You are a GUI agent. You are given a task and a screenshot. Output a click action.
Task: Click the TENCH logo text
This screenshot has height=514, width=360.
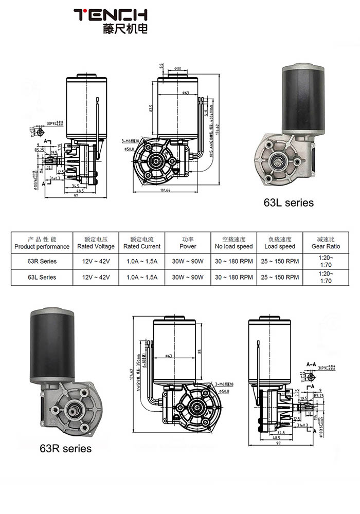110,14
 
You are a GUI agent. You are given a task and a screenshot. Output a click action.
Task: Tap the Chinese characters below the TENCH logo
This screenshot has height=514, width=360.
125,29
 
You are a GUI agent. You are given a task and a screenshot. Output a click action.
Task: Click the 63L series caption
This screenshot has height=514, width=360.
288,203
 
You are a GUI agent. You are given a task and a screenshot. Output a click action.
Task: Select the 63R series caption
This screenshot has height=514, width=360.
65,448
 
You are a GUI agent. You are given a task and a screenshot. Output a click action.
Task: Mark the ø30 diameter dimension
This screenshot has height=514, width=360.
177,68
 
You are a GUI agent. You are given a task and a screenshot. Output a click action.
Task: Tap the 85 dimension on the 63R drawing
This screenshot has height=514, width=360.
199,353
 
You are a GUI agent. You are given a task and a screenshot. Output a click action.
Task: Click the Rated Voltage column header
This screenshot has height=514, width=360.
96,243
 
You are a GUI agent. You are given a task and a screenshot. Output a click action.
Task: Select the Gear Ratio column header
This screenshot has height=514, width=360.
326,243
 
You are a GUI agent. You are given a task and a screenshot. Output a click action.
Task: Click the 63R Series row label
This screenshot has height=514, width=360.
42,261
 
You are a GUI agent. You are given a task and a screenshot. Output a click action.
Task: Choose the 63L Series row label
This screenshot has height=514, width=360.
42,277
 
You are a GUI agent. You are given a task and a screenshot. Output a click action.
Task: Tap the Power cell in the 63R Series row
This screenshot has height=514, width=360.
188,261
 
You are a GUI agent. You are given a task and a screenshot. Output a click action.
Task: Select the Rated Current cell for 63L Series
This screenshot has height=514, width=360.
142,277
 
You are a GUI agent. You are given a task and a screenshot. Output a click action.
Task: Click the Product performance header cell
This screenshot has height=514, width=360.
42,243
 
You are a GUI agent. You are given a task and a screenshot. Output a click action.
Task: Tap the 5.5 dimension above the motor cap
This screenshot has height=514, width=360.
162,67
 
